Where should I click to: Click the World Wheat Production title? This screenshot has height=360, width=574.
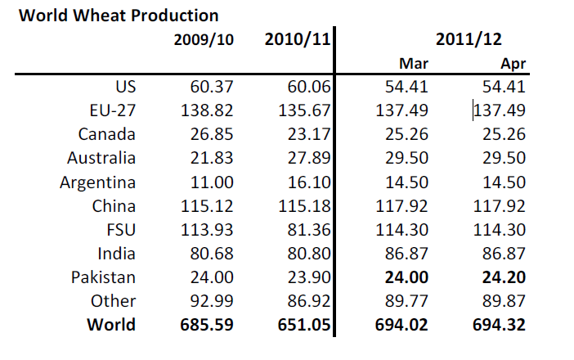[119, 16]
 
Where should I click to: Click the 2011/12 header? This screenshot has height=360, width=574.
[469, 39]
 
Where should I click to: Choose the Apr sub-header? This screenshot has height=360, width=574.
[512, 63]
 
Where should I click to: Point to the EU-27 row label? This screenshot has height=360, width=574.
[109, 110]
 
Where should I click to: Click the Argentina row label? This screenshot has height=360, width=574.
[97, 182]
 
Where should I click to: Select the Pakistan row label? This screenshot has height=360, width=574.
[103, 277]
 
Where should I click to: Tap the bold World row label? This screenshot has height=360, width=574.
[111, 325]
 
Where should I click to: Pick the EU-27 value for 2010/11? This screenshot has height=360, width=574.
[303, 110]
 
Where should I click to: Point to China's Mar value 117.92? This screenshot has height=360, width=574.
[401, 205]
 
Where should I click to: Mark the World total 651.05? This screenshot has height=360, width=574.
[303, 325]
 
